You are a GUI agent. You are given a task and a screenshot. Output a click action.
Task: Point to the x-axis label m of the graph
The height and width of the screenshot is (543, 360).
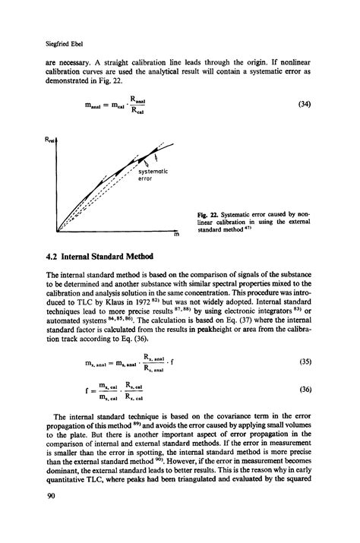[x=175, y=235]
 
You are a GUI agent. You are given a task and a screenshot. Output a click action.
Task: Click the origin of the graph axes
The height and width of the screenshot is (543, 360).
[x=58, y=232]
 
